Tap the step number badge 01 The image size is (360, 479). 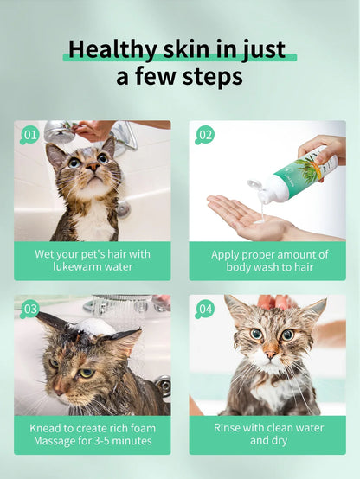point(30,134)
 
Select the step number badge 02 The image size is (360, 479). point(205,134)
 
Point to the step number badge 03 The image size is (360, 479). point(30,309)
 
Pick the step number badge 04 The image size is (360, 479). point(205,309)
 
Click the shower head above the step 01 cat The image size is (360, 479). point(59,131)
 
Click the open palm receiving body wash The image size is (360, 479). point(247,216)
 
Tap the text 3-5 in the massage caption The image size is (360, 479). point(103,442)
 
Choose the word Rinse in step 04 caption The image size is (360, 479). point(230,427)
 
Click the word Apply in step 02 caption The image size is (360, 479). point(228,255)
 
